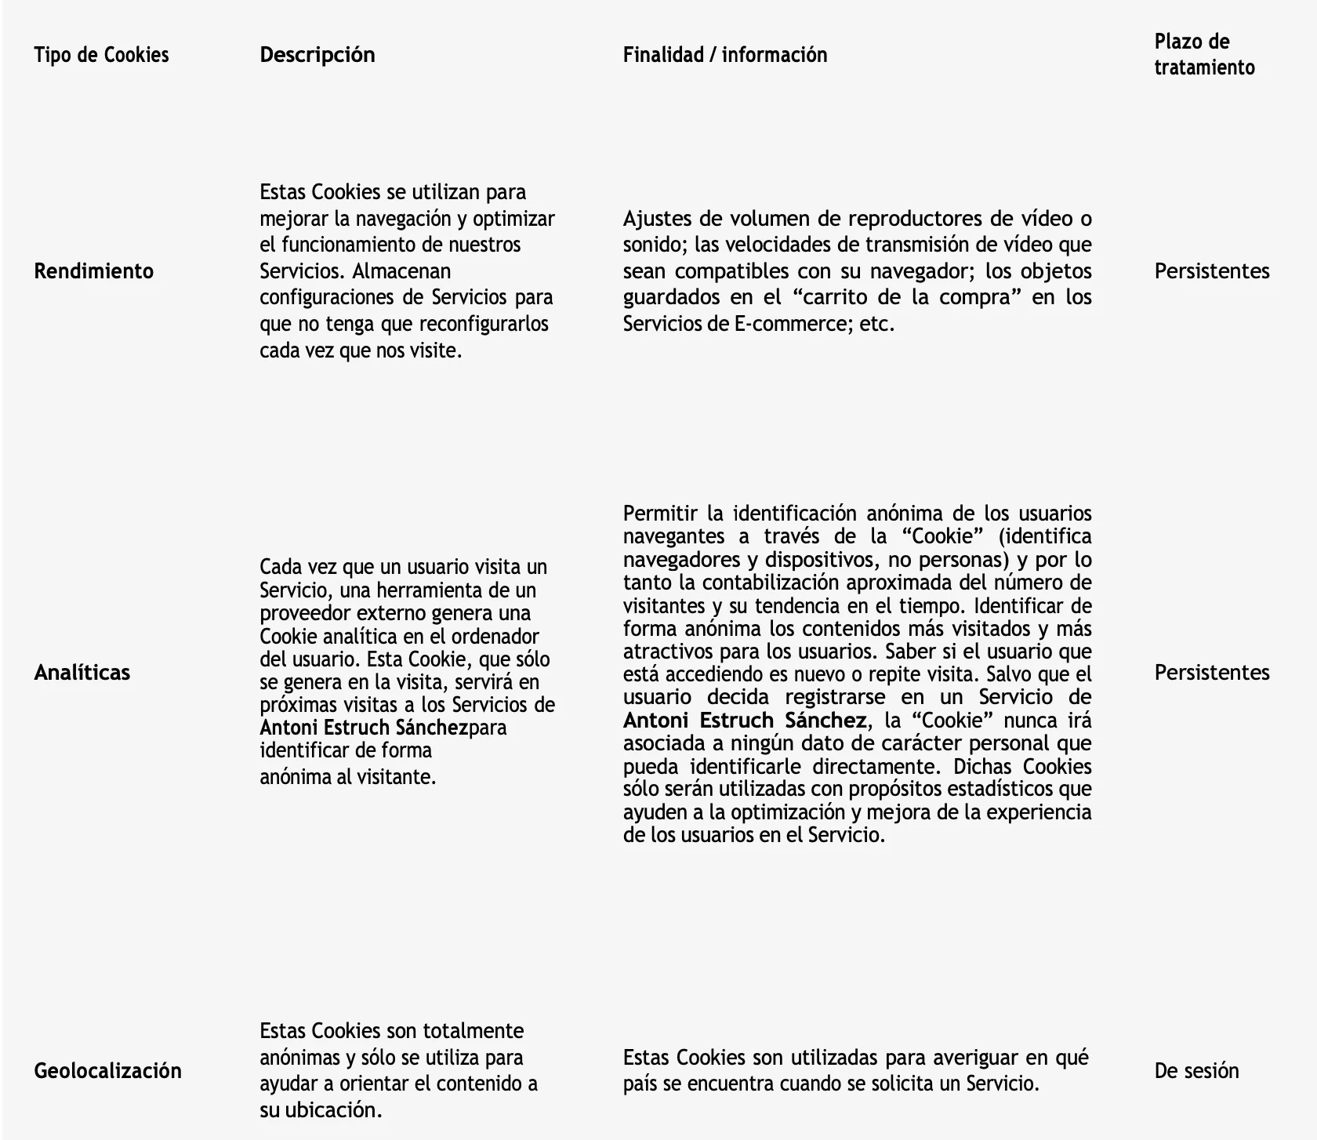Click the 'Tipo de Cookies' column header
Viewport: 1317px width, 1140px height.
point(101,55)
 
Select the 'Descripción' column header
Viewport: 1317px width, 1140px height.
point(317,55)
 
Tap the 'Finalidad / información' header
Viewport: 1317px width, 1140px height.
point(725,55)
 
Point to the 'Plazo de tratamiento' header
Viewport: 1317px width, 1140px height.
point(1204,54)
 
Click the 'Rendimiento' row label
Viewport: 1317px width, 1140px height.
point(94,271)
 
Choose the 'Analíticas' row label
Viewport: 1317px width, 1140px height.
point(82,673)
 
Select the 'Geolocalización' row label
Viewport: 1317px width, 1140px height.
point(108,1071)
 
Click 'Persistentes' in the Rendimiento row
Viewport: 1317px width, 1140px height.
point(1212,271)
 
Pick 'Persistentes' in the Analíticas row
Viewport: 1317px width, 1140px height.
point(1212,673)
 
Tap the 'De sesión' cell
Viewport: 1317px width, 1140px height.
point(1197,1071)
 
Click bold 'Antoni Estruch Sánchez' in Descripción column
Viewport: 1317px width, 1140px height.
point(364,728)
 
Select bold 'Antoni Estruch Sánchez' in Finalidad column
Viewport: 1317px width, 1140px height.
point(745,721)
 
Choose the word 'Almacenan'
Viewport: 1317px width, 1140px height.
point(401,271)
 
